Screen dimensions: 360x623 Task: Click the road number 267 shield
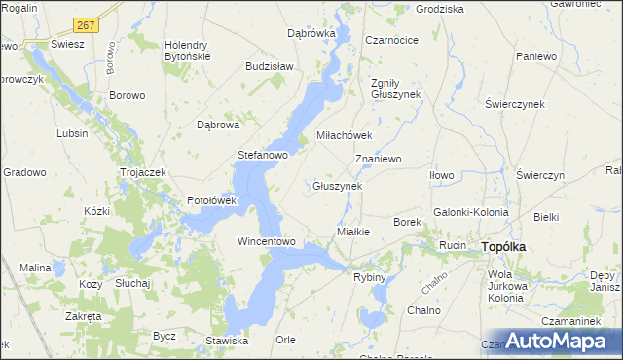(x=86, y=25)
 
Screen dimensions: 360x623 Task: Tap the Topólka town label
(x=503, y=247)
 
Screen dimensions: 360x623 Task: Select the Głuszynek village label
(x=337, y=186)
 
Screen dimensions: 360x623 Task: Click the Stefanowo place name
(x=264, y=155)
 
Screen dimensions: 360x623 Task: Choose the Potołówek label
(x=212, y=200)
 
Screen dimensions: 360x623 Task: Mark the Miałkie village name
(x=352, y=232)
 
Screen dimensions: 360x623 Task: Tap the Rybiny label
(x=370, y=277)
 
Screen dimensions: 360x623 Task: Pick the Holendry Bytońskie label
(x=195, y=51)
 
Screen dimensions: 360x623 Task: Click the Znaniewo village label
(x=379, y=158)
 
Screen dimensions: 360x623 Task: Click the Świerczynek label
(x=512, y=103)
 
